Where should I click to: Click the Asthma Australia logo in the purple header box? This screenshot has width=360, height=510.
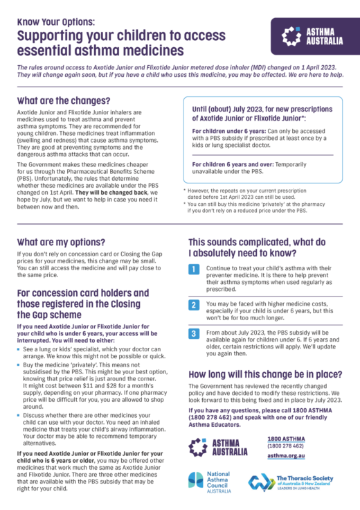pyautogui.click(x=312, y=37)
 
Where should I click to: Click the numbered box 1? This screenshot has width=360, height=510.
pyautogui.click(x=195, y=268)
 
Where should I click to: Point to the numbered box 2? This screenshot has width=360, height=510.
pyautogui.click(x=195, y=304)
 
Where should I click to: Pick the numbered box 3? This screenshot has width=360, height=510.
pyautogui.click(x=195, y=333)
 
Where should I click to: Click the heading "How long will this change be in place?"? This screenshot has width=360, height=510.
pyautogui.click(x=264, y=374)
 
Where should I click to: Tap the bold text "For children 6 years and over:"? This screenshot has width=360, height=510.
pyautogui.click(x=234, y=164)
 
